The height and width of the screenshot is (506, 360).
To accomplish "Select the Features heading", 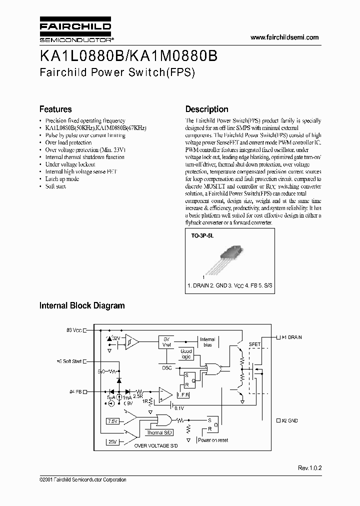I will [55, 109].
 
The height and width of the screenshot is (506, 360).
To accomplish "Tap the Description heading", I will [206, 109].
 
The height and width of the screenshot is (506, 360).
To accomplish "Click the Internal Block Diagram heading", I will [82, 305].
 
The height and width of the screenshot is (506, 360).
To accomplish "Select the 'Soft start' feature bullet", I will [55, 186].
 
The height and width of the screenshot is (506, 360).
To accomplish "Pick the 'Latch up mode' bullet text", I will [62, 179].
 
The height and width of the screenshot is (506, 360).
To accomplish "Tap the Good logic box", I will [186, 354].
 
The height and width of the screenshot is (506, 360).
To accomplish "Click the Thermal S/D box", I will [158, 432].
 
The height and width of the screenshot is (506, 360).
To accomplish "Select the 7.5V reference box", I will [113, 421].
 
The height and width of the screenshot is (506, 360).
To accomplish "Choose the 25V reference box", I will [112, 442].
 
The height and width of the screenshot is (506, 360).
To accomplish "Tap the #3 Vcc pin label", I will [73, 330].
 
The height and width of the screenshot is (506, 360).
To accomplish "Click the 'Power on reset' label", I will [213, 440].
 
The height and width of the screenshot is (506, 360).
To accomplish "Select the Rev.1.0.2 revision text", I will [310, 468].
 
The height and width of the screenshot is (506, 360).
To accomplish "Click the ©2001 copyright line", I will [82, 480].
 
